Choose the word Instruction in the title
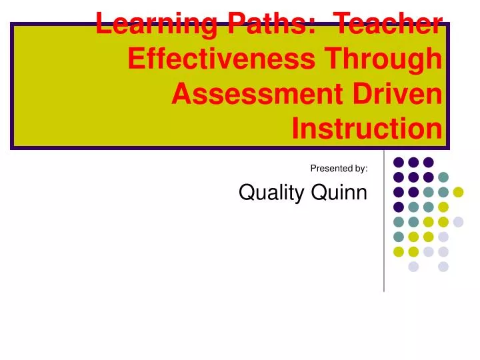click(367, 129)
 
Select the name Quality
click(267, 193)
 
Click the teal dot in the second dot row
click(443, 177)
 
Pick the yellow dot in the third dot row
click(458, 192)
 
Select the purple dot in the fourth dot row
click(399, 207)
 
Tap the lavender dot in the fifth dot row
click(458, 222)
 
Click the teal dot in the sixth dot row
click(399, 237)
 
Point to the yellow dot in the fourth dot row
click(443, 207)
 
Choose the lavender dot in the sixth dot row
click(443, 237)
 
